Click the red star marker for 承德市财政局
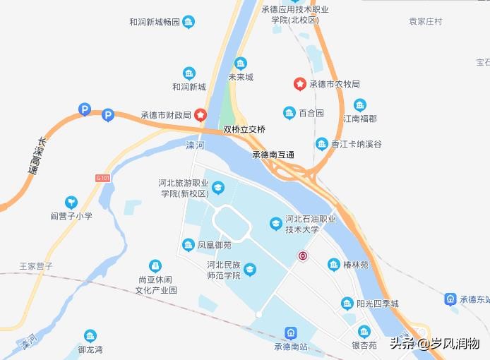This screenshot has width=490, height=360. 201,114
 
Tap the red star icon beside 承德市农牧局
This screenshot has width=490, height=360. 300,84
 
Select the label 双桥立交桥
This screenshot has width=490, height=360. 244,130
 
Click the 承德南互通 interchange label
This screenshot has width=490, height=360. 273,155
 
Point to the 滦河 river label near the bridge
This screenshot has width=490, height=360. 194,145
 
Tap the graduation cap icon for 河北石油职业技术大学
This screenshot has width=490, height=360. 276,224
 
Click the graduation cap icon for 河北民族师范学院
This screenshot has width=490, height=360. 250,270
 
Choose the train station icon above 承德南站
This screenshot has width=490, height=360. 290,332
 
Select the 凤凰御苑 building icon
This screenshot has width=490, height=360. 189,245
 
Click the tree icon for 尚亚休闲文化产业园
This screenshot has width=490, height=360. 155,266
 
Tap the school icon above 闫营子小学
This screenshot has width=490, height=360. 71,203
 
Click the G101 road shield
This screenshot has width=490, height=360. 102,179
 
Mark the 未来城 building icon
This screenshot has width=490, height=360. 241,64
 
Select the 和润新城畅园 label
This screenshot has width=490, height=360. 155,22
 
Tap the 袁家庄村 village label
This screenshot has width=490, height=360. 426,22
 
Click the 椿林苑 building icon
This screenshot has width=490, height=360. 334,265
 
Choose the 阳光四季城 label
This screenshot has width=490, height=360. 378,304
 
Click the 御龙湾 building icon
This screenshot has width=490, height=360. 90,337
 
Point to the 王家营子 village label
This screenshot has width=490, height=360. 36,266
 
